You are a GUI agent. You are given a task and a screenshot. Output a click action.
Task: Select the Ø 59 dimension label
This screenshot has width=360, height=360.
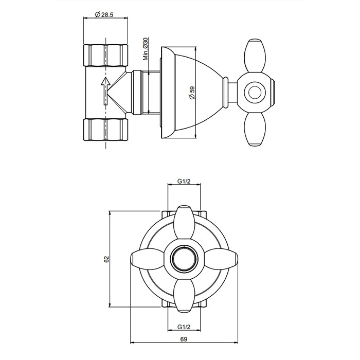(192, 93)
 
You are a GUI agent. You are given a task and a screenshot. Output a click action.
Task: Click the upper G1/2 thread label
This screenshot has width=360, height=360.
(185, 181)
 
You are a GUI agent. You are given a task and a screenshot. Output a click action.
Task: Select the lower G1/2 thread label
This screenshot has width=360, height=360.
(185, 327)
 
